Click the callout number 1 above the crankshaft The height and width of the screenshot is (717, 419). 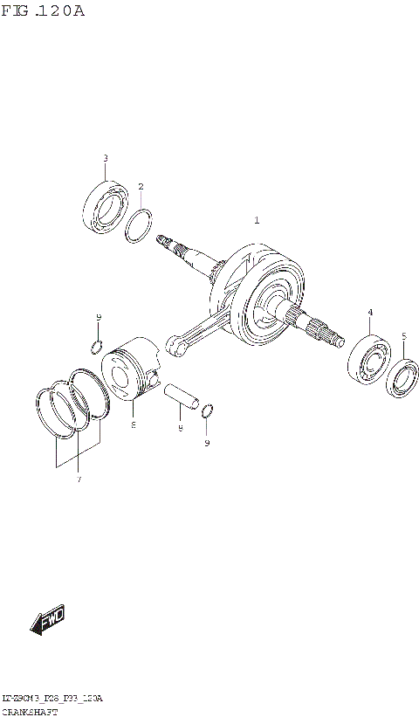pos(257,221)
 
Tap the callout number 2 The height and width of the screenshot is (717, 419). pos(141,186)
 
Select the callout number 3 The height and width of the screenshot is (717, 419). pos(106,158)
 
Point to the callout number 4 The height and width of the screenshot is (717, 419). pos(370,312)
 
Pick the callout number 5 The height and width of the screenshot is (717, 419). pos(403,336)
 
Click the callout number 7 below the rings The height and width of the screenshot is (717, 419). pos(78,479)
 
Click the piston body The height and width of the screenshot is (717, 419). pos(128,372)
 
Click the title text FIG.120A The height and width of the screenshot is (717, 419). pos(42,11)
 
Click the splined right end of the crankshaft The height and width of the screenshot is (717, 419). pos(325,332)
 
